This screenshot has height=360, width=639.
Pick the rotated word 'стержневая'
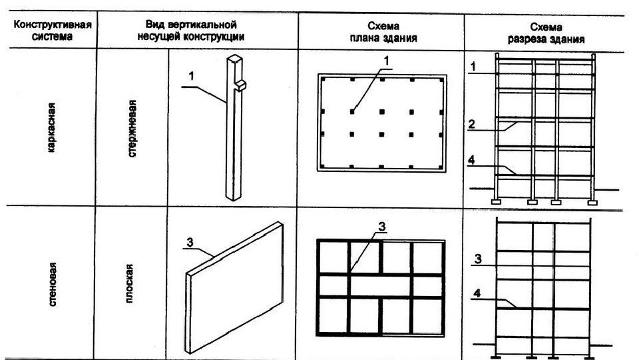pos(133,128)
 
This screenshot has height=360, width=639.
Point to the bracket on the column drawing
pos(240,84)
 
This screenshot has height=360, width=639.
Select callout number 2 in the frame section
pos(471,123)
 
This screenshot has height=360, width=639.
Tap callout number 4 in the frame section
pos(471,161)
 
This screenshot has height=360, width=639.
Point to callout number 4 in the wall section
pos(476,292)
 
